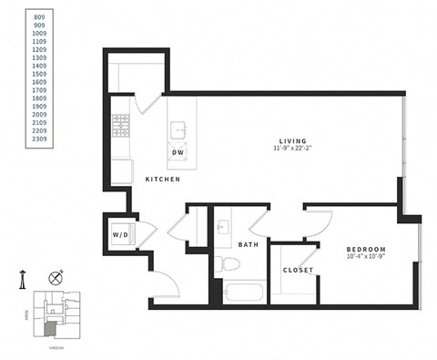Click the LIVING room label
coord(291,141)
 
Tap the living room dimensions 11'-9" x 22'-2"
coord(291,150)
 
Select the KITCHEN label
coord(162,180)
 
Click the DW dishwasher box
coord(178,152)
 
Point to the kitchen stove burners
coord(121,126)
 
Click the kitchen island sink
coord(179,129)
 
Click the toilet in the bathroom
coord(229,265)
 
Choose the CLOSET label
coord(298,271)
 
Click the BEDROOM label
coord(366,249)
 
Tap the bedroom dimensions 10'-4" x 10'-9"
coord(366,257)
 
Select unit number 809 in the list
coord(37,16)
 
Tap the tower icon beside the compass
coord(22,281)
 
